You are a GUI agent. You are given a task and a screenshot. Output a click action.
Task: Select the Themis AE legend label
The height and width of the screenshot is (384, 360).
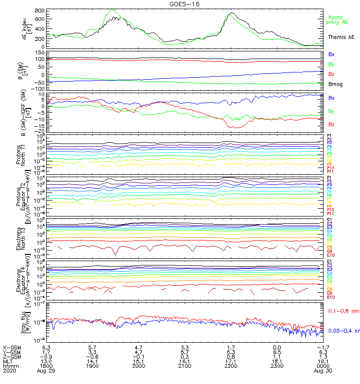(341, 37)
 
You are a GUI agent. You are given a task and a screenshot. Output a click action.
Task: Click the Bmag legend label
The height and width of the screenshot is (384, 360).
(335, 84)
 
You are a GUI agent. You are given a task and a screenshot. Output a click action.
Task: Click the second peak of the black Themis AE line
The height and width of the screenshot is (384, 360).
(232, 13)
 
